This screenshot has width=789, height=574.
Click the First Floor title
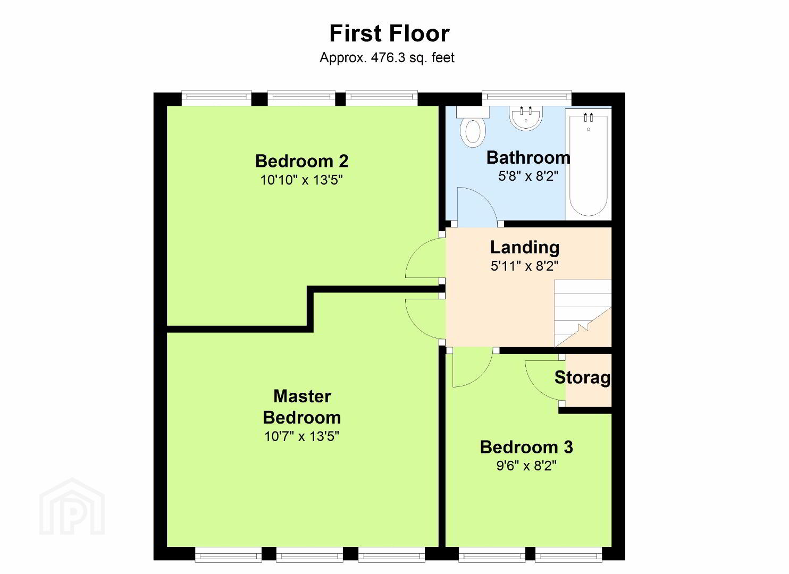click(389, 33)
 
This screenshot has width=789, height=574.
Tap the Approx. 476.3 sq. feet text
click(387, 57)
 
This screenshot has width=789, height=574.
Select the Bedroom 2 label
click(302, 161)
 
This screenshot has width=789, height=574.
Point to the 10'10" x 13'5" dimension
click(301, 180)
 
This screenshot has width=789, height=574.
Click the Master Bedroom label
click(302, 407)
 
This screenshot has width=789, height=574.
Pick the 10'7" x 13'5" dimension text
click(301, 436)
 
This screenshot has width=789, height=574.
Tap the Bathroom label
click(528, 157)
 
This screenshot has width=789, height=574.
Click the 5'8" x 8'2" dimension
click(528, 176)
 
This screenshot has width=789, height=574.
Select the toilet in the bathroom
click(473, 127)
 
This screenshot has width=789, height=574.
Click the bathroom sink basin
click(525, 118)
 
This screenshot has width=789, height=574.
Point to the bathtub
click(588, 164)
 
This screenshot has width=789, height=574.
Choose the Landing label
click(525, 247)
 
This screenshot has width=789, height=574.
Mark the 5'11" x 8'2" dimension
click(525, 266)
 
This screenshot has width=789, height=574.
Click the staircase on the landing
click(583, 313)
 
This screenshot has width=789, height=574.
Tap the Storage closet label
click(583, 377)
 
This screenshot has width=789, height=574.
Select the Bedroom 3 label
click(526, 447)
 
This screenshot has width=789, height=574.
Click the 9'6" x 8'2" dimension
click(526, 466)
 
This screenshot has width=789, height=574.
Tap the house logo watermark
click(72, 507)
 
